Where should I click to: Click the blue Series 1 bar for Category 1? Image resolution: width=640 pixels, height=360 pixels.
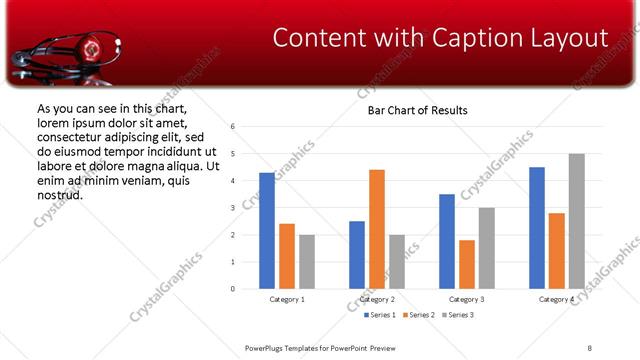[267, 231]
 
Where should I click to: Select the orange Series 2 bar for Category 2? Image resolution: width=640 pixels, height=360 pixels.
[377, 229]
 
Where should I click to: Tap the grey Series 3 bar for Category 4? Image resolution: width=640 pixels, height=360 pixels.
[577, 221]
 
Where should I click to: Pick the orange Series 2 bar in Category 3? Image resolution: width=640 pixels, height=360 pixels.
[467, 264]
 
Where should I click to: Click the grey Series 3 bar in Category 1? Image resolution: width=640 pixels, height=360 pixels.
[307, 262]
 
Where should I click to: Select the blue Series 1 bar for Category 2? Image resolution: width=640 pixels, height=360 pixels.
[357, 255]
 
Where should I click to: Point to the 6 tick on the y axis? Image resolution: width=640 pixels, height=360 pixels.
[232, 127]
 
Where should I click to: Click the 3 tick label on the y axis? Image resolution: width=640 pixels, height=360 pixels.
[232, 208]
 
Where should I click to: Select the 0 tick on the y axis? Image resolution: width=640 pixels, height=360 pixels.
[232, 289]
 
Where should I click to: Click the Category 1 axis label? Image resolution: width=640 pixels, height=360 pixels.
[287, 299]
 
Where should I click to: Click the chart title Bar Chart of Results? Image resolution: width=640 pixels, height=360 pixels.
[411, 109]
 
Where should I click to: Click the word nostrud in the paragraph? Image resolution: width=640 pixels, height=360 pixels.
[59, 194]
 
